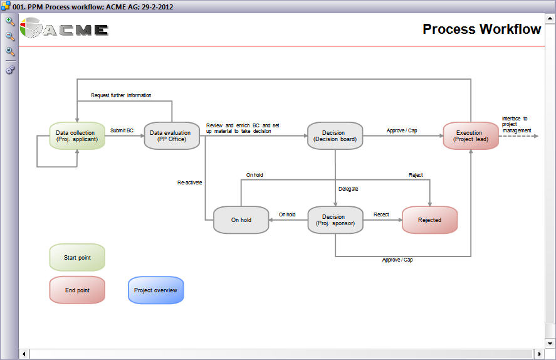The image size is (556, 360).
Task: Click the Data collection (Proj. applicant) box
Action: tap(77, 135)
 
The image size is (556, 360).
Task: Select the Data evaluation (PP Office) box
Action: tap(172, 135)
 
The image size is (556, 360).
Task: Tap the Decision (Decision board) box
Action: tap(335, 135)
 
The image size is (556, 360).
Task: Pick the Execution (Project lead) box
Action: tap(471, 135)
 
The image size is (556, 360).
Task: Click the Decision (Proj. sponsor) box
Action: tap(335, 220)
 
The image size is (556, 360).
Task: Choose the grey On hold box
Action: tap(241, 220)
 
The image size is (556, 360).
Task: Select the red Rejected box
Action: tap(429, 220)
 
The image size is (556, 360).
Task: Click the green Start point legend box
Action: tap(77, 258)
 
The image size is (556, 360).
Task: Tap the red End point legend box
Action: tap(77, 290)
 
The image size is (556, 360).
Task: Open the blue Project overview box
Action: tap(155, 290)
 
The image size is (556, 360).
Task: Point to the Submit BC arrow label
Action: tap(122, 130)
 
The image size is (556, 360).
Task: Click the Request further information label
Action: tap(121, 95)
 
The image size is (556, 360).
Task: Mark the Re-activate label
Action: tap(189, 183)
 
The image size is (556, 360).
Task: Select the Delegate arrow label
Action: tap(348, 188)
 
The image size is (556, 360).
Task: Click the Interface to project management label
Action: tap(516, 124)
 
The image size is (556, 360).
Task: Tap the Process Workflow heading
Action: tap(481, 29)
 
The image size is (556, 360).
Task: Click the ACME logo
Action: tap(65, 29)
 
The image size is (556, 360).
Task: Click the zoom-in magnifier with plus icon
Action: tap(10, 21)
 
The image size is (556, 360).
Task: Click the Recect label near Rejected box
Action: tap(381, 214)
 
